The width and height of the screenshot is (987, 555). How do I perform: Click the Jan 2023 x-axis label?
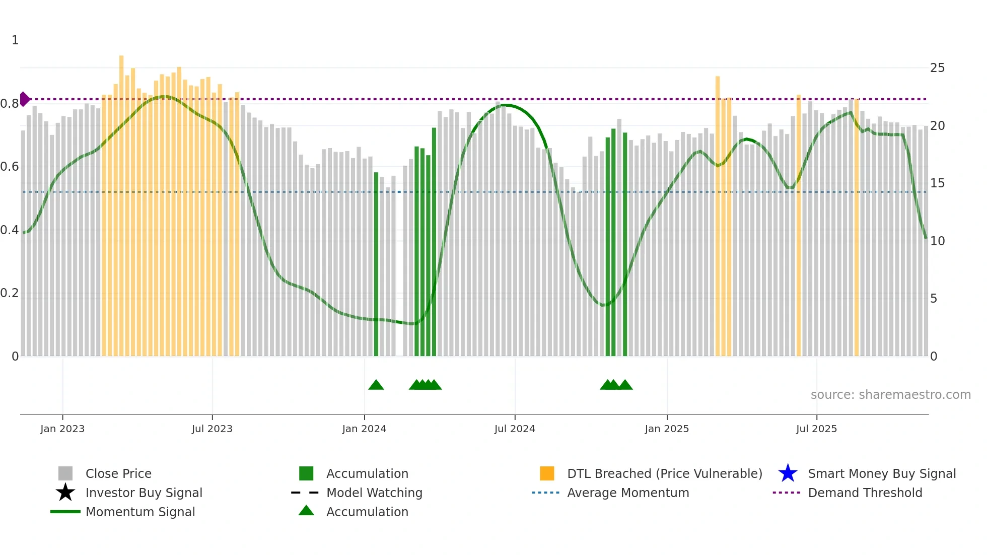point(62,429)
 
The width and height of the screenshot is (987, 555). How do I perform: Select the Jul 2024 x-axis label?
point(515,429)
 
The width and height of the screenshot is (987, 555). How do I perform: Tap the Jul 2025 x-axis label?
point(816,429)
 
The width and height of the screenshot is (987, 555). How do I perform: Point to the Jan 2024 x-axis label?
point(364,429)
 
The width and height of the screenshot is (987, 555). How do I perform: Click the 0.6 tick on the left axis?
point(10,167)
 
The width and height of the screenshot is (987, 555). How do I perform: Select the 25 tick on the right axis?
point(937,68)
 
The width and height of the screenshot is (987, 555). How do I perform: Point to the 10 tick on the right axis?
point(937,241)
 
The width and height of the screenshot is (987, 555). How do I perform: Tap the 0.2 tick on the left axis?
point(10,293)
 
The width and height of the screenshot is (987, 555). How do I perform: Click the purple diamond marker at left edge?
point(24,99)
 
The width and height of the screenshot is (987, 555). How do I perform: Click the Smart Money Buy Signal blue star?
point(788,473)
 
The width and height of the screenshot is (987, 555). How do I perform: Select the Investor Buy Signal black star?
point(65,493)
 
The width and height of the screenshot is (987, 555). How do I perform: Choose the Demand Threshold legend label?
point(865,493)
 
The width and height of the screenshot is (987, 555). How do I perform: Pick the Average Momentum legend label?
point(628,493)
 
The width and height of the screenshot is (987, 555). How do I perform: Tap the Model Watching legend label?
point(374,493)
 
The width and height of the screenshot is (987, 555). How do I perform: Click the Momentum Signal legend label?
point(140,512)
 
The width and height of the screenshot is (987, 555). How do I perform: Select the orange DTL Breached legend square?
point(547,473)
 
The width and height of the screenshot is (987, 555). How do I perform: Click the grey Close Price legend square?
point(65,473)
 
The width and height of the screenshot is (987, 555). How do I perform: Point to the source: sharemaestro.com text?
point(890,395)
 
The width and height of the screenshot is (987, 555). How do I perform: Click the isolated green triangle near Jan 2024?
point(376,385)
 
